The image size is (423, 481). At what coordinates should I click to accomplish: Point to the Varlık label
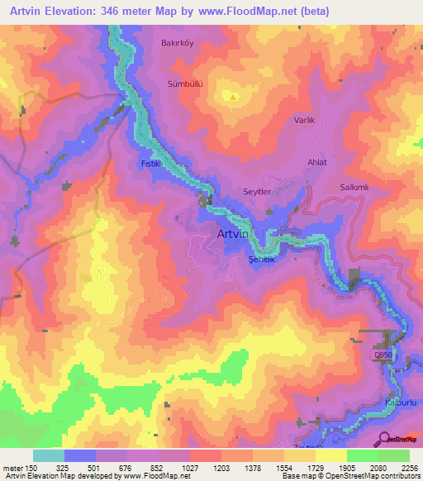click(x=305, y=121)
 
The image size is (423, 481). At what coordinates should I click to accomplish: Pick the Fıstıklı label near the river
click(x=150, y=164)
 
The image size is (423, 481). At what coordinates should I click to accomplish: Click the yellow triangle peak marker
click(x=234, y=97)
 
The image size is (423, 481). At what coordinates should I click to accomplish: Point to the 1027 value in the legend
click(x=191, y=468)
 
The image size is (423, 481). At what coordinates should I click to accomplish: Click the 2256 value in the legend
click(x=408, y=468)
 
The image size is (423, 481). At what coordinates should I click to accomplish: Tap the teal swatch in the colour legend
click(x=49, y=455)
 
